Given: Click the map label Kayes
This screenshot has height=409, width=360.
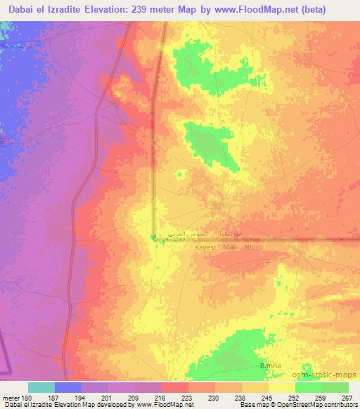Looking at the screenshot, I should click(204, 247).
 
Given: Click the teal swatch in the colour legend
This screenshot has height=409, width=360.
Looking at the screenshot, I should click(41, 387).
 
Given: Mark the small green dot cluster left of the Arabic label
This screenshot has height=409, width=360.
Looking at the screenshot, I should click(153, 237).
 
